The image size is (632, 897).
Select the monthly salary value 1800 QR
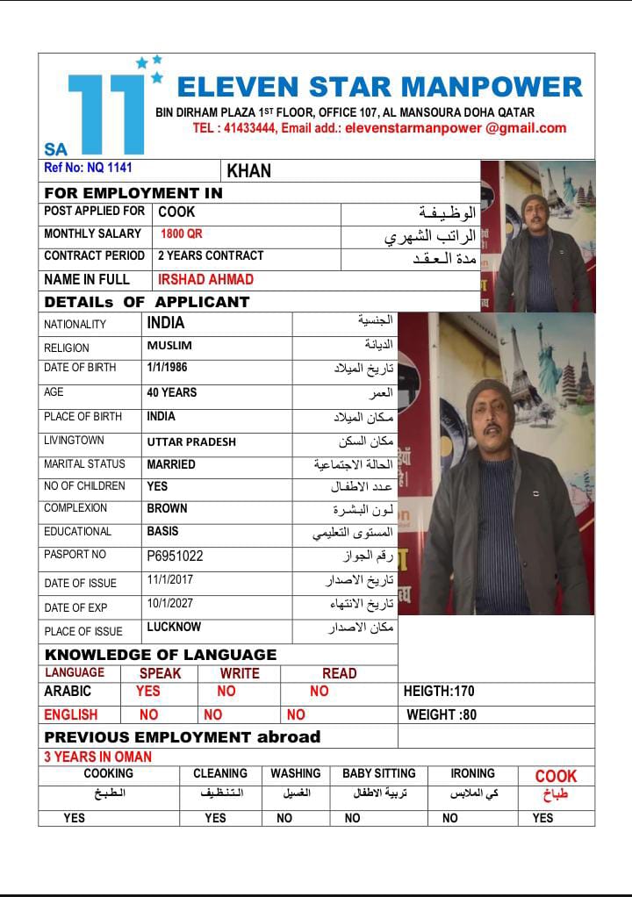[x=182, y=234]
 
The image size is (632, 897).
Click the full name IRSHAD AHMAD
[x=205, y=280]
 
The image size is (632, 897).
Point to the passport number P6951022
[x=175, y=556]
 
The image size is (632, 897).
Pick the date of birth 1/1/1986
[x=167, y=368]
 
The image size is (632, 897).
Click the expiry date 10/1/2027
[x=170, y=604]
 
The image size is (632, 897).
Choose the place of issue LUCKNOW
[x=174, y=628]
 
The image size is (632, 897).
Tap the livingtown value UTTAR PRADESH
[x=191, y=441]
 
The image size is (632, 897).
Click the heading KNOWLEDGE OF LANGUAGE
[x=161, y=655]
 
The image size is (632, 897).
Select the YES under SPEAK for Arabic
[x=148, y=692]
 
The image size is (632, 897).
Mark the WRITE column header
[x=240, y=673]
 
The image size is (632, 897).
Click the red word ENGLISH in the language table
[x=71, y=715]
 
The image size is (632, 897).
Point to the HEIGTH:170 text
[x=439, y=692]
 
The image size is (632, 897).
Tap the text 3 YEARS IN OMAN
[x=98, y=757]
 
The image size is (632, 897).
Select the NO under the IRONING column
[x=450, y=818]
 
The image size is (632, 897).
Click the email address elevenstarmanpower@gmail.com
[x=456, y=128]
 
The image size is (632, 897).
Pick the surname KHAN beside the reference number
[x=249, y=171]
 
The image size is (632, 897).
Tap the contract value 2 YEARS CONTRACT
[x=211, y=256]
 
